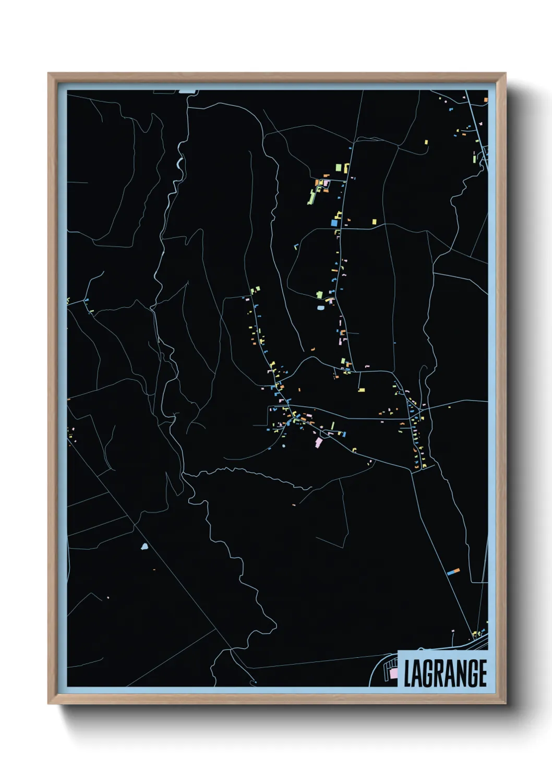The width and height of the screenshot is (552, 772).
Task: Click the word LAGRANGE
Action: click(445, 673)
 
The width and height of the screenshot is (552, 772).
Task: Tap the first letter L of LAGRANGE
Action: click(407, 673)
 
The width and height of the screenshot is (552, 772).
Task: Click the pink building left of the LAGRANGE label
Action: click(393, 674)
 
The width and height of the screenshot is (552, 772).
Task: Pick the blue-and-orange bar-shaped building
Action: click(453, 572)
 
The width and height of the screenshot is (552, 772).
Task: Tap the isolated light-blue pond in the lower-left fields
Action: click(144, 547)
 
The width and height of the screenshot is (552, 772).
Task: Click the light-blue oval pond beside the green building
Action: click(320, 308)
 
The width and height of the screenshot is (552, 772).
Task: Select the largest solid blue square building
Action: click(334, 223)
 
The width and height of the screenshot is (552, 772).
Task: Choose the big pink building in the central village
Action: click(318, 442)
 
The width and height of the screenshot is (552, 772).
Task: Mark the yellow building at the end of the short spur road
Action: click(361, 389)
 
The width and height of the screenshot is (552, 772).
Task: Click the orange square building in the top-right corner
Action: click(485, 99)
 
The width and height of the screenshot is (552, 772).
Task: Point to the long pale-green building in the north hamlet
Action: click(312, 197)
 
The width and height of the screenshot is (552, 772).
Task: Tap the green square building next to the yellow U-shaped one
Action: click(338, 167)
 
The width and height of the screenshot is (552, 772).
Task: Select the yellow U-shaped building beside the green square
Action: click(346, 167)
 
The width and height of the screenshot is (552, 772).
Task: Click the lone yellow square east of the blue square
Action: click(374, 222)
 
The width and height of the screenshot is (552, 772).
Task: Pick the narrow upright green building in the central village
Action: click(332, 426)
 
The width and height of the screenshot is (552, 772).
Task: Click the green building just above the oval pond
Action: click(319, 295)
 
